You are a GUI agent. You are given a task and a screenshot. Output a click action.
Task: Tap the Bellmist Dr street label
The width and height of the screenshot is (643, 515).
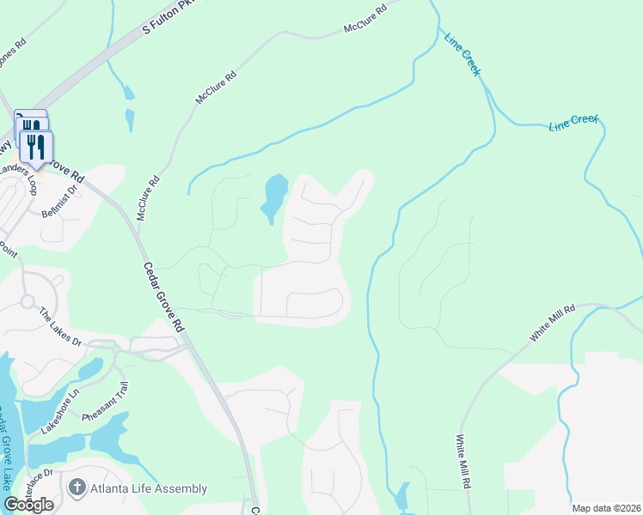tap(63, 203)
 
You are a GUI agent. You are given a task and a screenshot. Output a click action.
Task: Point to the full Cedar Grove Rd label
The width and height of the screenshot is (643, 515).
tap(163, 297)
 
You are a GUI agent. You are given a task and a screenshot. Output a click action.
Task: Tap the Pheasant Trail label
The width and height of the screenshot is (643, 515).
tap(106, 406)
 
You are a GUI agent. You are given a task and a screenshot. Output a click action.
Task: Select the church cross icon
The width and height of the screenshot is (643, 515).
tap(77, 489)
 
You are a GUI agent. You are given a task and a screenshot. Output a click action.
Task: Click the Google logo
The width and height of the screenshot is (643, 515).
tap(29, 505)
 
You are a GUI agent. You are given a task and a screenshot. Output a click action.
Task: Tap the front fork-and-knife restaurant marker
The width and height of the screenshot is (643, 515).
tap(35, 147)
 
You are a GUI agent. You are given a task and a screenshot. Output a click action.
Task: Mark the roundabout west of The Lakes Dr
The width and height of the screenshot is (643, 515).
tap(27, 301)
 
